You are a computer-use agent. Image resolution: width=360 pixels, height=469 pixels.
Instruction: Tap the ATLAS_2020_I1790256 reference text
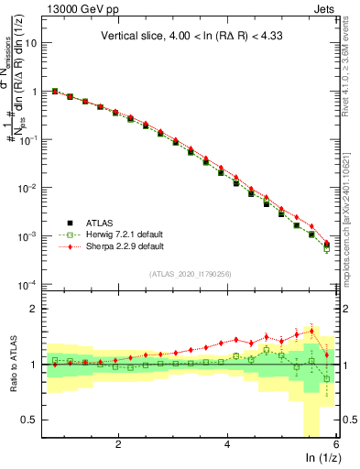pyautogui.click(x=191, y=274)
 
